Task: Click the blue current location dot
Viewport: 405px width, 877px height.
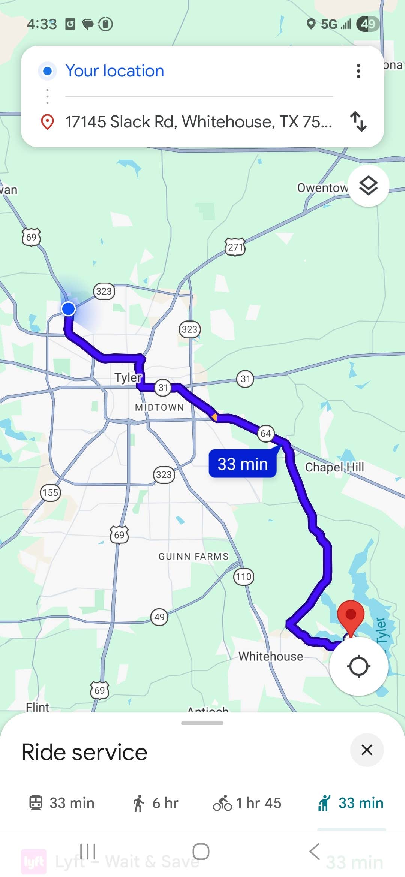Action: pos(68,309)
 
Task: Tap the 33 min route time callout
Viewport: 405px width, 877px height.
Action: pos(243,464)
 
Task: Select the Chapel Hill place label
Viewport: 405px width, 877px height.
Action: pos(334,467)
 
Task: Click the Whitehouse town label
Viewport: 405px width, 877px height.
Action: pos(271,656)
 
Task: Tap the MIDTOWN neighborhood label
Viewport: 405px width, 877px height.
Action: pos(159,407)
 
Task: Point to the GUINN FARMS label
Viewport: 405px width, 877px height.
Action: pos(193,556)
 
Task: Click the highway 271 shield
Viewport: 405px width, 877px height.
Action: pos(235,247)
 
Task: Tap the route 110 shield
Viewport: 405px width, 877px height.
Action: pos(244,576)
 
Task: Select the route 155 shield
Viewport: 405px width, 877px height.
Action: pos(50,492)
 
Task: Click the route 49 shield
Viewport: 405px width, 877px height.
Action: pos(159,617)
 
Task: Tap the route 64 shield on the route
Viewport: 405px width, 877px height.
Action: pos(266,434)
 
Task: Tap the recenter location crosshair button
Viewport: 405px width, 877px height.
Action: pos(358,666)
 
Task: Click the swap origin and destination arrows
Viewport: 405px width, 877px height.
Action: pos(358,121)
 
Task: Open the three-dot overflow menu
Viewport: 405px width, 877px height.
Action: pos(358,71)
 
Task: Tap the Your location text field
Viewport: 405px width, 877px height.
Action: pos(115,71)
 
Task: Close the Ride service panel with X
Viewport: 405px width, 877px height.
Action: pos(367,750)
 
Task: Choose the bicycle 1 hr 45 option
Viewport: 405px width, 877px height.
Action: pos(247,803)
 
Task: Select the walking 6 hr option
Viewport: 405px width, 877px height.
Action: pos(155,803)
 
